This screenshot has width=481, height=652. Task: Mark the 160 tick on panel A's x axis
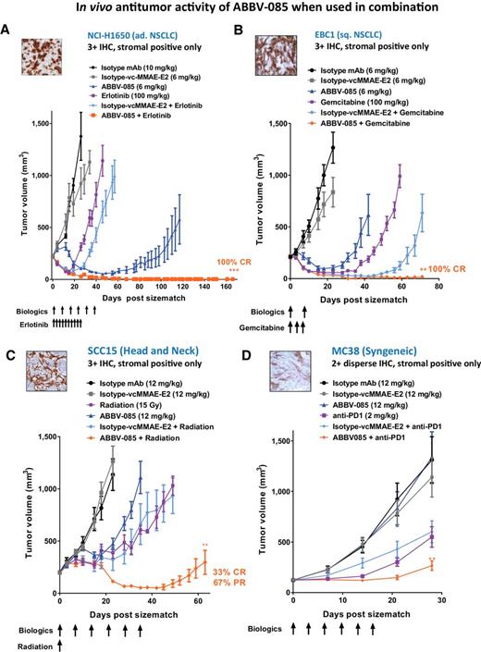pos(222,286)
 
